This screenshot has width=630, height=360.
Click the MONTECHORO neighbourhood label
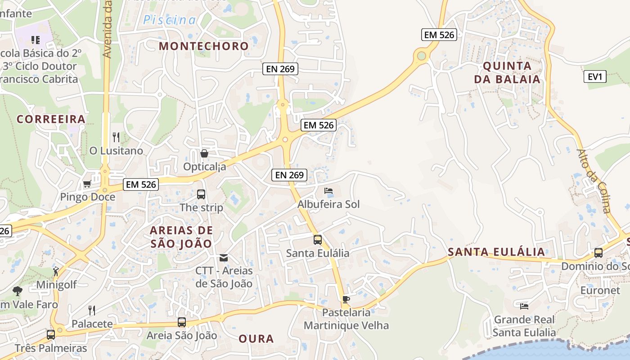pos(203,46)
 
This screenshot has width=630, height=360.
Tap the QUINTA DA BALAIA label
pos(511,72)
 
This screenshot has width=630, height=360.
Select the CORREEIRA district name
pos(51,119)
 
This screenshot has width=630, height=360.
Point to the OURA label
pos(256,339)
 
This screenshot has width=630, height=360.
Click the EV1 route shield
pos(595,76)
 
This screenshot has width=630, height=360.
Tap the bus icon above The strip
pos(201,194)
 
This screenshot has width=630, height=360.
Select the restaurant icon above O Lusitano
pos(116,137)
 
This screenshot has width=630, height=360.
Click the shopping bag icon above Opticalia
pos(204,153)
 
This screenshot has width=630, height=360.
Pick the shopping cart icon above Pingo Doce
pos(87,184)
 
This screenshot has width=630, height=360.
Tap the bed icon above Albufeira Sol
pos(328,191)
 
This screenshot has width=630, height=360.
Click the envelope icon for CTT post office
pos(224,258)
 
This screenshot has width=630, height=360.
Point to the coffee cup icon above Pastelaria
pos(346,299)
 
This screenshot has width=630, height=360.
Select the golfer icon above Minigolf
pos(56,271)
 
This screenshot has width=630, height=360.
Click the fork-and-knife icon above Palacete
pos(92,310)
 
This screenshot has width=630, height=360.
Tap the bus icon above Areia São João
pos(182,322)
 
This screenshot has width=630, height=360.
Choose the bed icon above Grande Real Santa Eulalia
pos(524,306)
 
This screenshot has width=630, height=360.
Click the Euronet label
pos(600,290)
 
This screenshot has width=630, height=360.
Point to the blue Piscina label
pos(170,20)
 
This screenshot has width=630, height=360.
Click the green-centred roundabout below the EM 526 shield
pos(421,56)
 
